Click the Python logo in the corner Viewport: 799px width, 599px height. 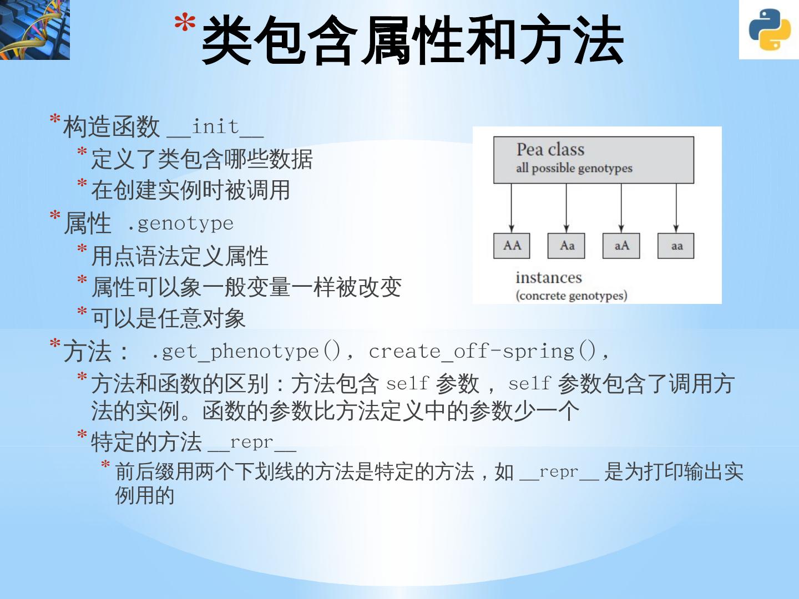[769, 30]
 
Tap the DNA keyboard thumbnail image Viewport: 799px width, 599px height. [34, 29]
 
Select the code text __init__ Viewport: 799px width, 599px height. [215, 128]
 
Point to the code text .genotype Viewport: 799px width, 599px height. [180, 224]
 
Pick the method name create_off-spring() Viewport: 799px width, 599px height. [482, 351]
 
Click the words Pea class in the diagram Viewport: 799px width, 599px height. [550, 149]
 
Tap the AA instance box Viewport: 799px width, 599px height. [512, 246]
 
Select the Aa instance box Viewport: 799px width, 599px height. [566, 246]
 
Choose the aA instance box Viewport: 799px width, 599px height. [621, 246]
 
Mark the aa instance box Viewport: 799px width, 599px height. [676, 246]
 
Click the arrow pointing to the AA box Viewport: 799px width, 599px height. [512, 208]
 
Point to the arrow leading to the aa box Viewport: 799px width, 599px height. [676, 208]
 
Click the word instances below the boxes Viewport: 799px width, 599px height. [548, 277]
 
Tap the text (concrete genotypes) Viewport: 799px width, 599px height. [572, 295]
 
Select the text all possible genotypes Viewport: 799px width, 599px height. [574, 168]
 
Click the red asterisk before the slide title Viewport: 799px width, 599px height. [185, 23]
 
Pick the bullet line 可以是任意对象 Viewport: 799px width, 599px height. [168, 318]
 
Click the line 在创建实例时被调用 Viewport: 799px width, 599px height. [190, 190]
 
